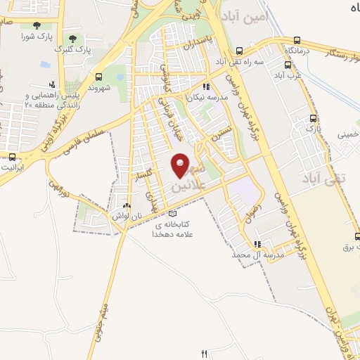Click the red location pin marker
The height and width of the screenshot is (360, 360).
pyautogui.click(x=181, y=166)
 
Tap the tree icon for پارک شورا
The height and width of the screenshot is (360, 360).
pyautogui.click(x=30, y=23)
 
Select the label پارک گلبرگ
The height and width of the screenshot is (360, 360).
pyautogui.click(x=75, y=50)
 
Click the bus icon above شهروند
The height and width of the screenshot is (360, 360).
pyautogui.click(x=98, y=77)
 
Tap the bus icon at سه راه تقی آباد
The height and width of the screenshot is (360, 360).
pyautogui.click(x=239, y=51)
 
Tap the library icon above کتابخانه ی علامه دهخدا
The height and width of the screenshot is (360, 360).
pyautogui.click(x=173, y=213)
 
